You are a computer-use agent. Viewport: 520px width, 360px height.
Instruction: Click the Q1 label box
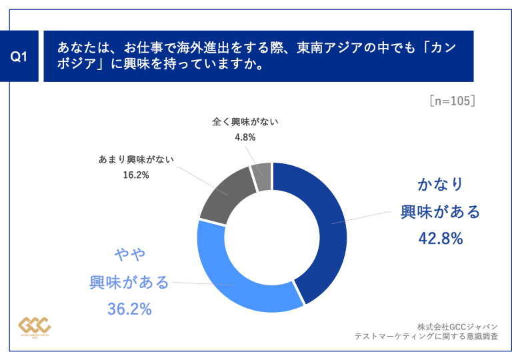[21, 56]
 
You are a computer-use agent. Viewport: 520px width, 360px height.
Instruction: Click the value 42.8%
[440, 238]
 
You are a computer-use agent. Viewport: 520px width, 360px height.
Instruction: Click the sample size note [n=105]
[452, 101]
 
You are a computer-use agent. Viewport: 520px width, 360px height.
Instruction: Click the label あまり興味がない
[133, 160]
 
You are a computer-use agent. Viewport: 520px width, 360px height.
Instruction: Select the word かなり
[440, 184]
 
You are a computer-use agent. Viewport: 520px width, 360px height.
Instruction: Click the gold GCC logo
[34, 325]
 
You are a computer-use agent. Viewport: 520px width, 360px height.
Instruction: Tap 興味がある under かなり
[440, 211]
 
